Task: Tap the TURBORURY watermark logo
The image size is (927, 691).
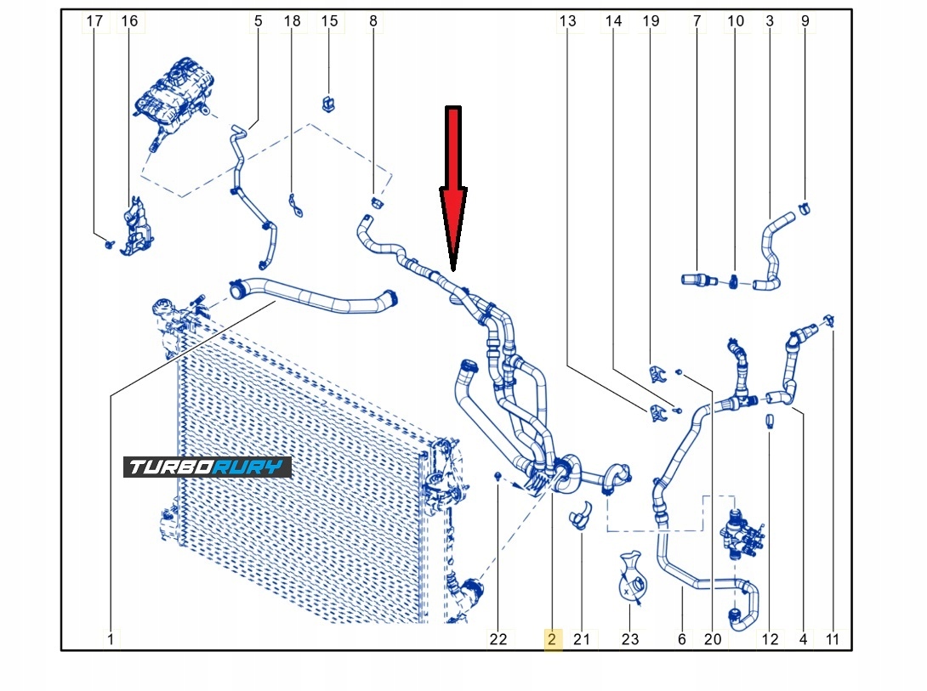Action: [x=208, y=467]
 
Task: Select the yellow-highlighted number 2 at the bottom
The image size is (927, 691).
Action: [x=552, y=639]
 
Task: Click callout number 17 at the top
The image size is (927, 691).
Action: [x=96, y=20]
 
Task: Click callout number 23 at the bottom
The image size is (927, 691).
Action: [x=629, y=639]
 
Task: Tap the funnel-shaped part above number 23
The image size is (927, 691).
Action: [x=630, y=578]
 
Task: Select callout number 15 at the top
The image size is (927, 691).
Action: [x=328, y=20]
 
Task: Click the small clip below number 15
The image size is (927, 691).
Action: [x=328, y=104]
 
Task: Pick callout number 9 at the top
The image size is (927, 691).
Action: [x=805, y=20]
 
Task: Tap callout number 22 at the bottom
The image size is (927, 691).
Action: [x=498, y=639]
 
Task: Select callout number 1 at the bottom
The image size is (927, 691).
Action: [x=110, y=639]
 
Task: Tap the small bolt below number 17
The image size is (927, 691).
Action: [x=109, y=244]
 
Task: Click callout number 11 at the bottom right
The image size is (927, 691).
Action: [x=832, y=639]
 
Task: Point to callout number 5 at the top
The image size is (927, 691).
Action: [x=257, y=20]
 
